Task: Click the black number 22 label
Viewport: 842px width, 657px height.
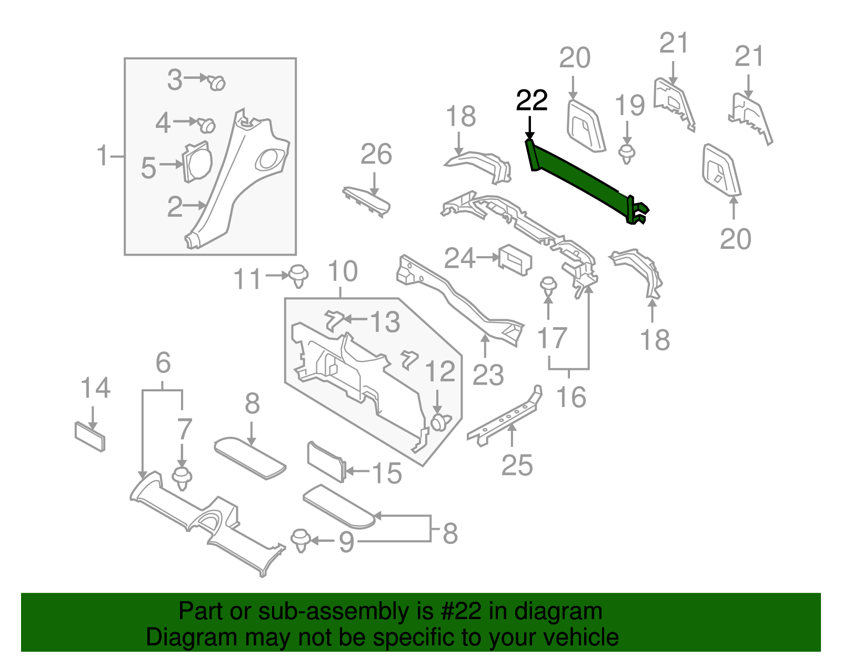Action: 532,100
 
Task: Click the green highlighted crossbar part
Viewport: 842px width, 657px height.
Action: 579,179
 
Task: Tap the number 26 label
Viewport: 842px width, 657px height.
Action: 376,155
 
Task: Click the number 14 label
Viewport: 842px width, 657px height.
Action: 95,388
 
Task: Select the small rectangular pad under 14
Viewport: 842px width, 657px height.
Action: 89,436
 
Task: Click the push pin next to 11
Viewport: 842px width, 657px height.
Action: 298,275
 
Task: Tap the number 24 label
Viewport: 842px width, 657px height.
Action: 459,258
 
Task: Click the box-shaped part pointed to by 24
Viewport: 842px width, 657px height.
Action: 515,259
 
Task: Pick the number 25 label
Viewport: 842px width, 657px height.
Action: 517,465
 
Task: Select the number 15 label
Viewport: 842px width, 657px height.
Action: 387,473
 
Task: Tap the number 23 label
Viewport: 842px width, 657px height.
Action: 488,375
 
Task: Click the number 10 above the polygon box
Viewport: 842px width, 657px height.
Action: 342,271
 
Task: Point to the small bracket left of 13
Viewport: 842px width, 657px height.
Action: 333,319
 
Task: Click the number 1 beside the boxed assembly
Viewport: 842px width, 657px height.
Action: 103,156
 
